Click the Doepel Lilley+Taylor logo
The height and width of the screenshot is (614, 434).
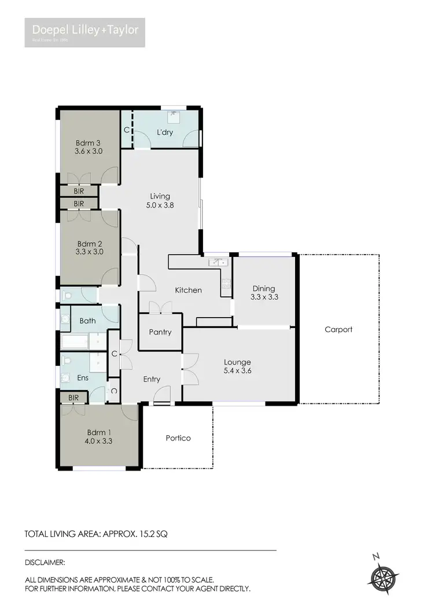84,32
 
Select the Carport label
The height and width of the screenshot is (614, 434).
338,329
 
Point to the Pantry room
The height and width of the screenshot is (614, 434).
160,332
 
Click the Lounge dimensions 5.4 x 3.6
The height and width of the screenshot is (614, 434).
238,371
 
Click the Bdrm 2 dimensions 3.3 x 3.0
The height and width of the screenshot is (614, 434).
90,252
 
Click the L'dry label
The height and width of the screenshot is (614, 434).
165,134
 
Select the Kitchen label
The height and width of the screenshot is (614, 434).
189,290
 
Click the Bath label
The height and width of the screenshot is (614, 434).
88,320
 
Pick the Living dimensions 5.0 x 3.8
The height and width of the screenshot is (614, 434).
160,204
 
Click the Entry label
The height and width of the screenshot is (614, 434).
152,379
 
